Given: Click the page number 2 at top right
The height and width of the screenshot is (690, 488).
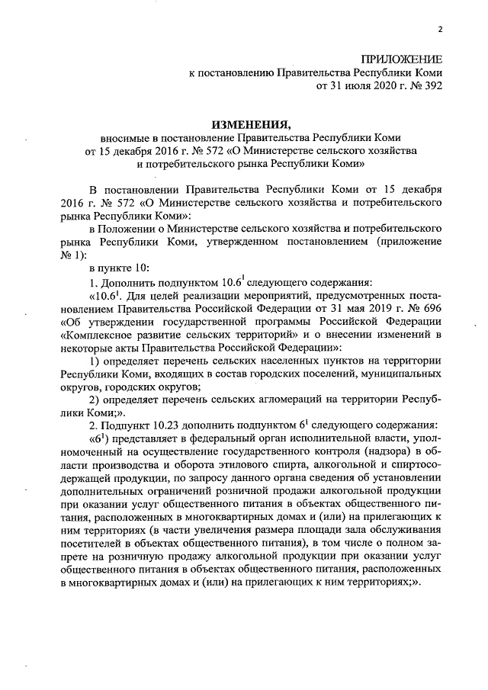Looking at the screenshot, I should (x=440, y=30).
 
